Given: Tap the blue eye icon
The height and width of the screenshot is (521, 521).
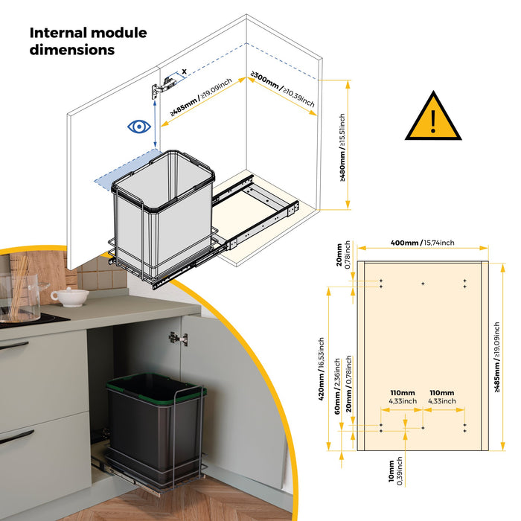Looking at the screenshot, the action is click(x=139, y=127).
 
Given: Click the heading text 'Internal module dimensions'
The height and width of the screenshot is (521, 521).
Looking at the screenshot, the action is click(x=88, y=41).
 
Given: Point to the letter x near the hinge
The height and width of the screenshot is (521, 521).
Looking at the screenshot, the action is click(x=184, y=71).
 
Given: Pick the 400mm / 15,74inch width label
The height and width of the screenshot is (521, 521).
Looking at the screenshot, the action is click(x=422, y=243).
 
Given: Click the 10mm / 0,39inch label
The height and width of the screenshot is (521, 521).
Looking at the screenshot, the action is click(x=395, y=471).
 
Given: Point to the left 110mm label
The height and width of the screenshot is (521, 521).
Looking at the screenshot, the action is click(x=403, y=397).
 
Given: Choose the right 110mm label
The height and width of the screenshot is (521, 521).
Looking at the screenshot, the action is click(x=442, y=397).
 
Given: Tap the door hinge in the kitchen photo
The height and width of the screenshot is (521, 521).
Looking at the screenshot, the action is click(x=179, y=339).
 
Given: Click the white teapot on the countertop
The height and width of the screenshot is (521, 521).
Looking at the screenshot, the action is click(x=70, y=297).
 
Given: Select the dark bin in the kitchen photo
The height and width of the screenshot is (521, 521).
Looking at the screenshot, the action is click(x=156, y=429).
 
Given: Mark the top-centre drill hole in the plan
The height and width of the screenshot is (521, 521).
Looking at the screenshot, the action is click(x=423, y=284).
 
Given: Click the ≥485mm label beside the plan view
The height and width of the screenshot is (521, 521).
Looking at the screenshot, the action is click(x=496, y=357).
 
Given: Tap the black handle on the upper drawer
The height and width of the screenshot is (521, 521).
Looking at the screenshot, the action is click(x=14, y=346).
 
